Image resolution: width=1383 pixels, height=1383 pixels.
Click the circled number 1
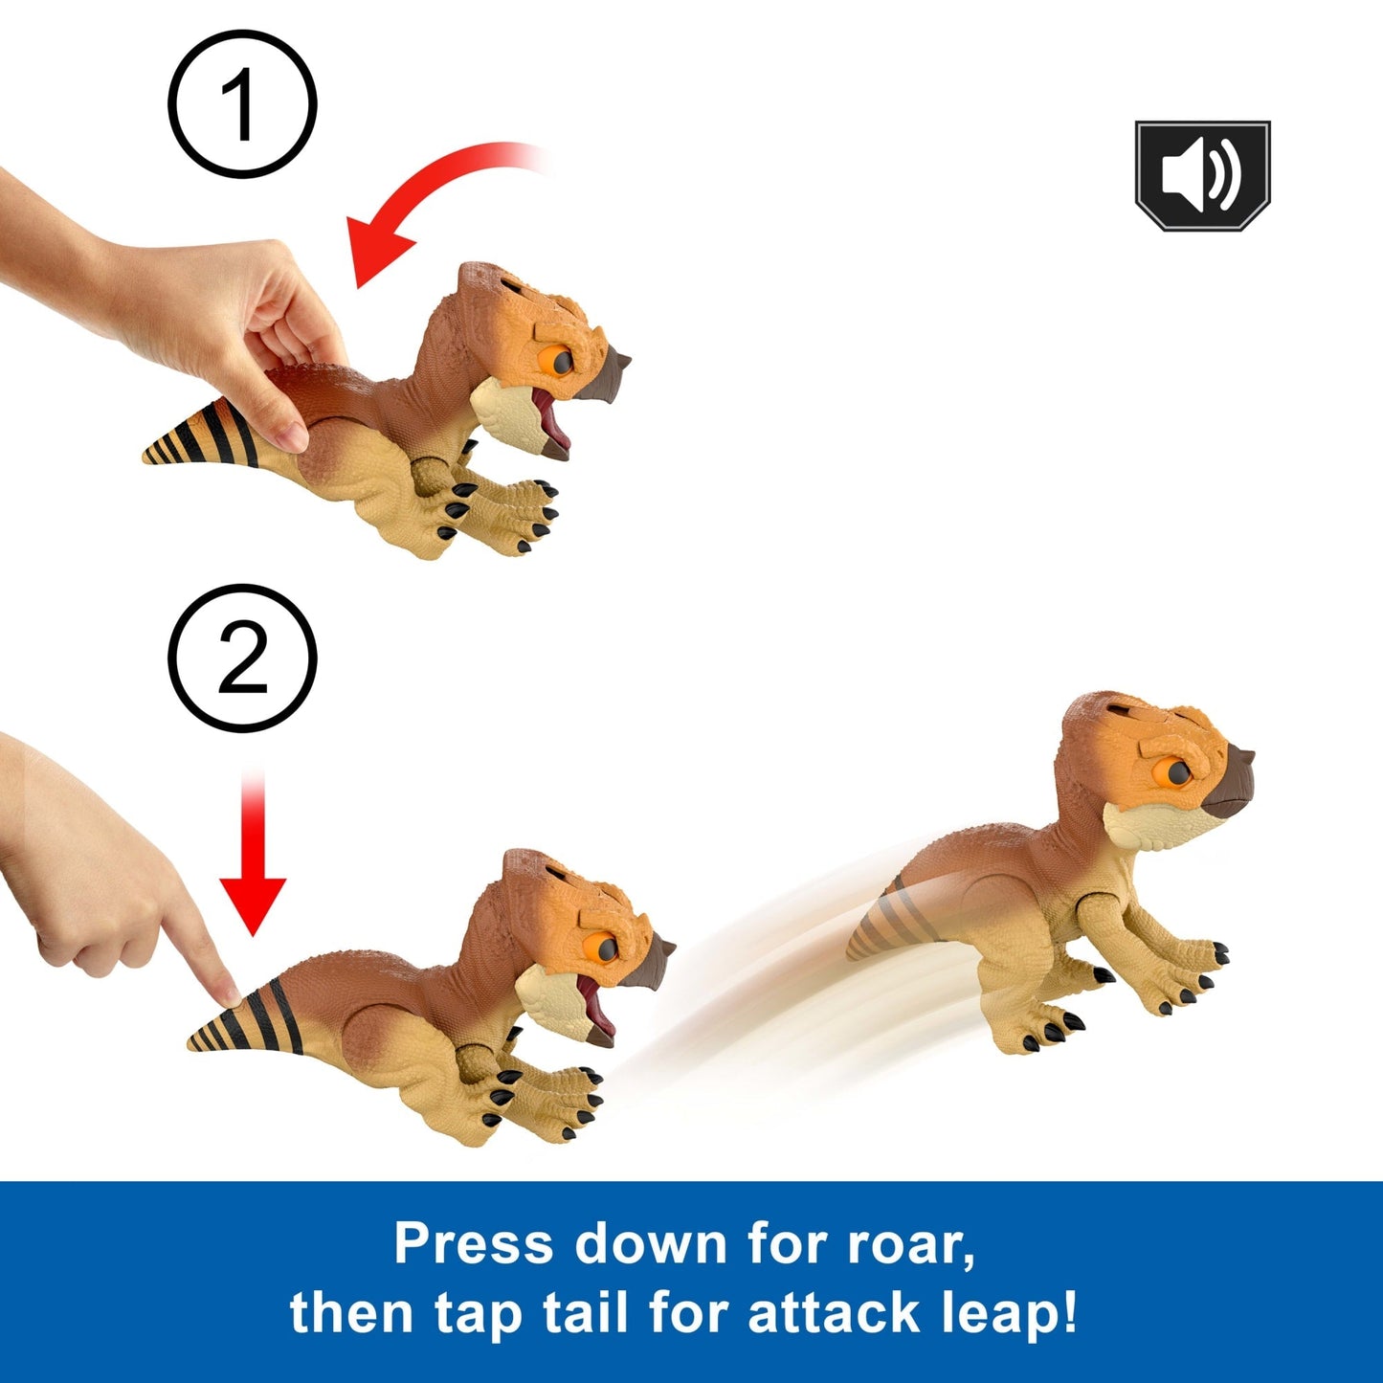pos(242,104)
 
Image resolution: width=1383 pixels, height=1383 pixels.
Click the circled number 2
pos(242,658)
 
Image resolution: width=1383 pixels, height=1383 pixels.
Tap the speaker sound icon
pos(1202,176)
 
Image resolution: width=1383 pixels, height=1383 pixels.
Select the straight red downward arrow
pos(253,852)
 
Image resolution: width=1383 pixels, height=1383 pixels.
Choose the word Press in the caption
pos(475,1241)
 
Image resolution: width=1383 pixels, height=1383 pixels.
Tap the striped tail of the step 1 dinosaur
pos(201,435)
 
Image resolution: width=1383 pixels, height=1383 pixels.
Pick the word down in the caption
pos(650,1241)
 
